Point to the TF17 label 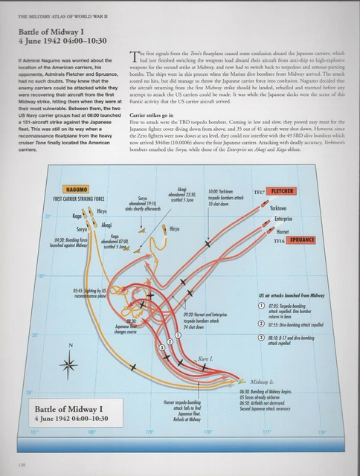click(260, 192)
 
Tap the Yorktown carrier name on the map click(277, 208)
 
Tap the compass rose click(71, 364)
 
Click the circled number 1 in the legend click(261, 306)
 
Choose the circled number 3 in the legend click(261, 339)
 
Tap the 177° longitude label click(266, 431)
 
